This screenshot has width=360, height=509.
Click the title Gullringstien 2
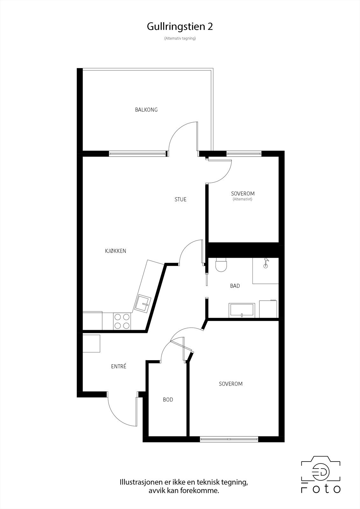[x=180, y=27]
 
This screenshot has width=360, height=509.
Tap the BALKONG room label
[x=146, y=110]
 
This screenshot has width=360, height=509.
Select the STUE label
[x=180, y=199]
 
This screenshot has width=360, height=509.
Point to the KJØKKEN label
[x=116, y=251]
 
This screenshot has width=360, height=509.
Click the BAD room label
[x=235, y=286]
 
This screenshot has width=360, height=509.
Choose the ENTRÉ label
[x=119, y=366]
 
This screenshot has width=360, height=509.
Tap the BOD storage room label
[x=168, y=400]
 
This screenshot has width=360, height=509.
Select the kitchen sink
[x=143, y=303]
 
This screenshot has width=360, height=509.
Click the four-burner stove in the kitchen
[x=122, y=321]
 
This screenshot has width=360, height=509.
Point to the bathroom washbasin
[x=242, y=310]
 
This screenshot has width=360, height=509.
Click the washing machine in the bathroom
[x=268, y=309]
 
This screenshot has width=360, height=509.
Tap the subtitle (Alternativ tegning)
[x=180, y=38]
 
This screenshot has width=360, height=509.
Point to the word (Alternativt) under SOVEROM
[x=243, y=199]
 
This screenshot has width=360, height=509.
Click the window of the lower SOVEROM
[x=229, y=439]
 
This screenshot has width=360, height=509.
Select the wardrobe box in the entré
[x=91, y=343]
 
